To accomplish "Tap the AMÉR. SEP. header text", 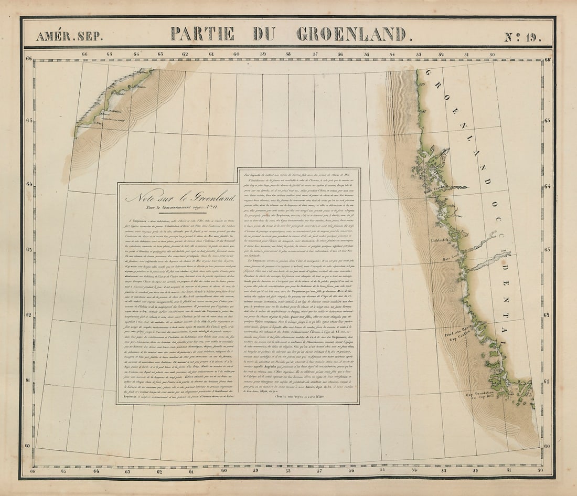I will (69, 36).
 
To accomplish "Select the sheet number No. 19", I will (522, 37).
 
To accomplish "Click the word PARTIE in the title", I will (202, 34).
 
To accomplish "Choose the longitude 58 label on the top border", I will (288, 54).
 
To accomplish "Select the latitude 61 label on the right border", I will (548, 382).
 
